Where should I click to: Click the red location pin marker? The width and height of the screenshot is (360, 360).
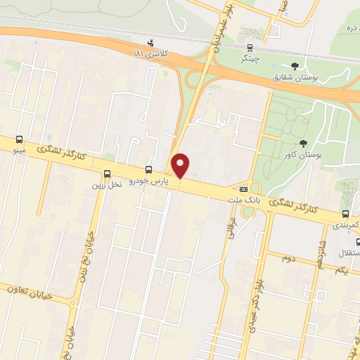tap(181, 165)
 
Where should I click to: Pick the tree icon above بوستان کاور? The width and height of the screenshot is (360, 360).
tap(303, 143)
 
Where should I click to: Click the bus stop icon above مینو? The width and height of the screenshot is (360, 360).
tap(20, 139)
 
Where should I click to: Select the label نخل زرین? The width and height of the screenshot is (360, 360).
tap(106, 184)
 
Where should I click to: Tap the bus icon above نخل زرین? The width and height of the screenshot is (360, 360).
tap(107, 174)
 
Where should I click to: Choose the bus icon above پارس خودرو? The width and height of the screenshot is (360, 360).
tap(148, 169)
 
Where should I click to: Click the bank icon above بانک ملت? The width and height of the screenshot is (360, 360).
tap(244, 188)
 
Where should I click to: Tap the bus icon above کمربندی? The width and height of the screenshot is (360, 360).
tap(345, 214)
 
